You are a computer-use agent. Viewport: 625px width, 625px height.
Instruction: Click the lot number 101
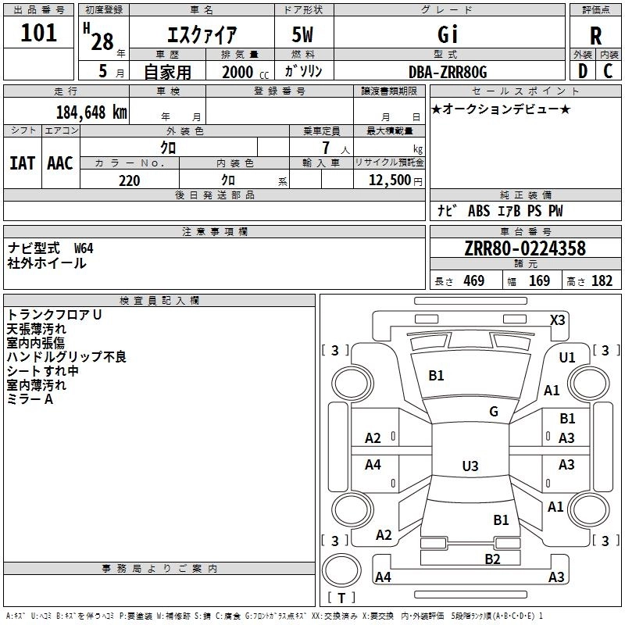(38, 33)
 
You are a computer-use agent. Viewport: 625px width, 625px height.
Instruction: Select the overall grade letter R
(595, 36)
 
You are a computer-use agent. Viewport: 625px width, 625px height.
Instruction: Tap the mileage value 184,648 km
(91, 112)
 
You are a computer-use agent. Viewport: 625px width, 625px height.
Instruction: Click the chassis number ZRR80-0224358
(525, 248)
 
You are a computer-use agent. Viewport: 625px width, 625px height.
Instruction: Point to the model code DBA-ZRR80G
(448, 72)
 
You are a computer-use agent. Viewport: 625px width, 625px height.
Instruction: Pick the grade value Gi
(447, 34)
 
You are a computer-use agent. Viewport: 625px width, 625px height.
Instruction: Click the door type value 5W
(302, 34)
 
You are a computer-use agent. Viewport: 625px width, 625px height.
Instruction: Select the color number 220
(130, 180)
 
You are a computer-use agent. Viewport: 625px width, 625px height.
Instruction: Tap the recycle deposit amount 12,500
(389, 180)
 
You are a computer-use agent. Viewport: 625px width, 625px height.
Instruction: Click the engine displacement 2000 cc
(245, 72)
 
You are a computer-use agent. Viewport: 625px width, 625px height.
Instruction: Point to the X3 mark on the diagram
(557, 320)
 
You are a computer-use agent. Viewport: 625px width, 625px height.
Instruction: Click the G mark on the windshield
(494, 412)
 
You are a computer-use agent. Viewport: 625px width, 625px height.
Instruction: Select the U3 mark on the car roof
(470, 466)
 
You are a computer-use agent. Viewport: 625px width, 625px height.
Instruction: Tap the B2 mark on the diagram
(492, 559)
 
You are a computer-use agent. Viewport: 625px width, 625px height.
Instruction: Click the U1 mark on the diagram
(567, 358)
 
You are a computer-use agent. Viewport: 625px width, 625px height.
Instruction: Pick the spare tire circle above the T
(341, 570)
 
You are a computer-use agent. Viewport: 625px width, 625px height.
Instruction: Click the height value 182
(602, 281)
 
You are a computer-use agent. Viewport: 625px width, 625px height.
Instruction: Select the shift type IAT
(22, 163)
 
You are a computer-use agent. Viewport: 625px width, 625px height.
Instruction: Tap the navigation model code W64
(84, 248)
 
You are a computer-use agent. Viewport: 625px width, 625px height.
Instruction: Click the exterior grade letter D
(583, 71)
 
